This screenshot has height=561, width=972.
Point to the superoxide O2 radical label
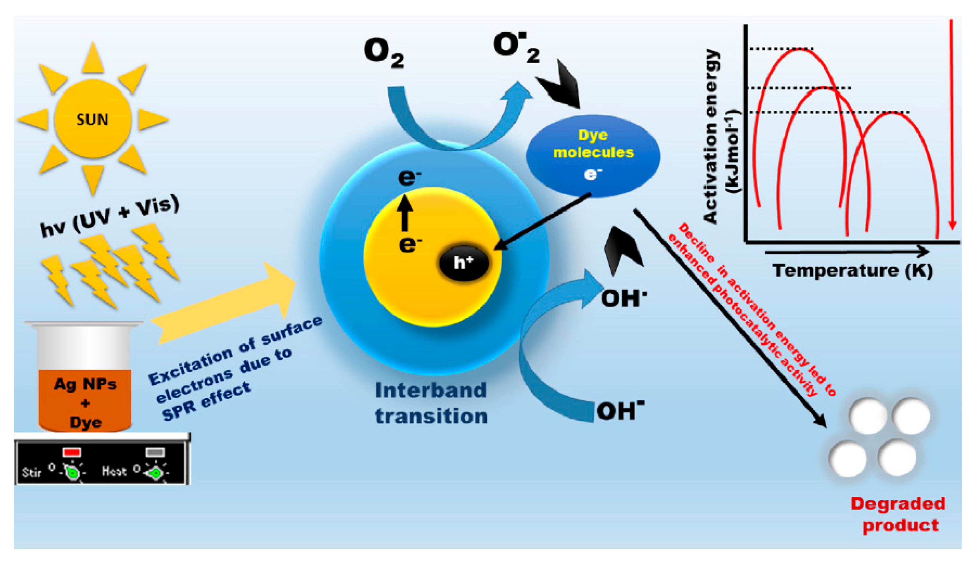(x=515, y=48)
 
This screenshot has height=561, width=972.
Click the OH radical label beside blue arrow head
(x=623, y=298)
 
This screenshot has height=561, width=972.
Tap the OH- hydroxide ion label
(x=620, y=411)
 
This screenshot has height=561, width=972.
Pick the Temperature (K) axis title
(x=852, y=270)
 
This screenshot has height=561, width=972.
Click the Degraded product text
(x=898, y=514)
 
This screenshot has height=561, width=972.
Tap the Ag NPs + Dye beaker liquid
(x=85, y=401)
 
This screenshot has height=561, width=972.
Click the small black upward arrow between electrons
(x=405, y=213)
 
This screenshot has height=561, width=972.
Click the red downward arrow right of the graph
(x=952, y=123)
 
